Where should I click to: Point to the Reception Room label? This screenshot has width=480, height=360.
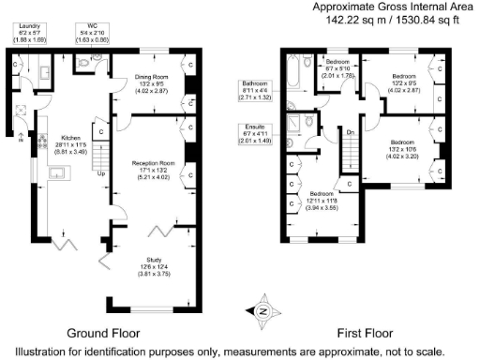click(x=148, y=162)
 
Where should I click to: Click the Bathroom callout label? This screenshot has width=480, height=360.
click(x=254, y=83)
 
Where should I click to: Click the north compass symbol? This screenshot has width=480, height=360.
click(x=262, y=311)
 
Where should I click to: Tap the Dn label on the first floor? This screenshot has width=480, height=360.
click(x=349, y=132)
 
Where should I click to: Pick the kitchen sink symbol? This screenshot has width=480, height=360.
click(x=56, y=172)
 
